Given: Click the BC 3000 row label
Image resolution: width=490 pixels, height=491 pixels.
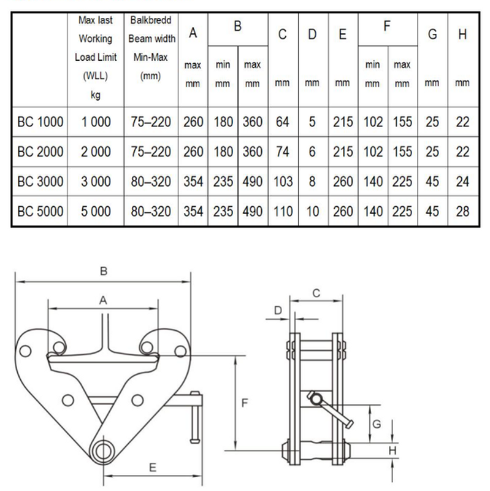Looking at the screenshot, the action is (40, 182).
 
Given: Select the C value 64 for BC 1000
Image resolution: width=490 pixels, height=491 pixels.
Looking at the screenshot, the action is (282, 122).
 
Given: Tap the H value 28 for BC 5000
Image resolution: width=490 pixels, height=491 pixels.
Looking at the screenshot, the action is (462, 211).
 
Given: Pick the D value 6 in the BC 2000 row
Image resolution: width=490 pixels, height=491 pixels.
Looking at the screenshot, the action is (312, 152).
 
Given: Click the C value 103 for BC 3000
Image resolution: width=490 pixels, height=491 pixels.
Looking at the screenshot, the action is (283, 182).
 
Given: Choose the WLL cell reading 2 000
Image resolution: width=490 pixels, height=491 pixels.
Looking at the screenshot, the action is (96, 152).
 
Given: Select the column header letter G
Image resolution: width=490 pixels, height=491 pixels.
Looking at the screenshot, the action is (432, 34).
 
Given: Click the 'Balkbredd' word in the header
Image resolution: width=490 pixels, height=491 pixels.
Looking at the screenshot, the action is (151, 20).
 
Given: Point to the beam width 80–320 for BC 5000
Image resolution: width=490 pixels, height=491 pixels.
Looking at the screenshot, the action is (151, 211).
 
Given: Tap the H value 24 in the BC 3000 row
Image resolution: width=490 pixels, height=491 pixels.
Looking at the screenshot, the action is (462, 182).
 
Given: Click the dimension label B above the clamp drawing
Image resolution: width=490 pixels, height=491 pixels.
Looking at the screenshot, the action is (103, 271).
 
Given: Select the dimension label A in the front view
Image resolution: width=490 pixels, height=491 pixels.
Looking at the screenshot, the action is (103, 301).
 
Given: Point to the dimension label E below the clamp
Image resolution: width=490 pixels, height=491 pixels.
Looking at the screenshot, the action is (152, 468).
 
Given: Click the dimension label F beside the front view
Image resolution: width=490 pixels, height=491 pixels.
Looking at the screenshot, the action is (245, 403).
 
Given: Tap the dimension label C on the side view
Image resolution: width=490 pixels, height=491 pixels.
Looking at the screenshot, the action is (316, 293).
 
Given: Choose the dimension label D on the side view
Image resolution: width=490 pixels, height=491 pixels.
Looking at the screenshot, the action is (278, 311).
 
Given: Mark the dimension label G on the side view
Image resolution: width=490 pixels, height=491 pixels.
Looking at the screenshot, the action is (377, 424).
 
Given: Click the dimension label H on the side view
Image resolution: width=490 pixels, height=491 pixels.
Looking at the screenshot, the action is (392, 450).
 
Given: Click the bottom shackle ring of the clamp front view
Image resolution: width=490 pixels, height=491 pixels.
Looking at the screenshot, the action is (103, 452).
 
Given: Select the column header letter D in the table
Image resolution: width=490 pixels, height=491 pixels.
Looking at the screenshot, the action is (312, 34).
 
